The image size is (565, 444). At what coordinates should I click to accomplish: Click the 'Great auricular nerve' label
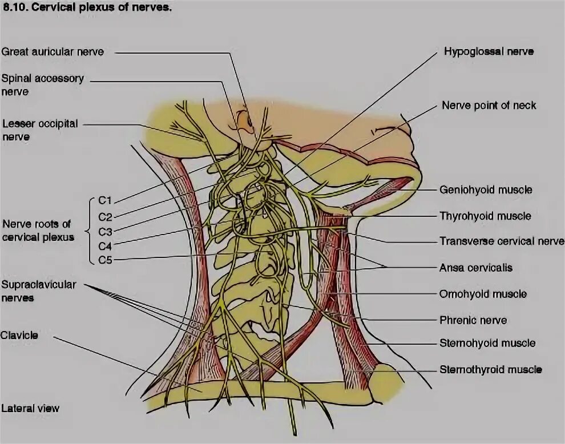(53, 52)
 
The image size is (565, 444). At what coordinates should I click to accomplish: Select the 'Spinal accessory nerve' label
(43, 84)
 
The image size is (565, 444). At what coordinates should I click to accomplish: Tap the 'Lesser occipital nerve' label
(39, 130)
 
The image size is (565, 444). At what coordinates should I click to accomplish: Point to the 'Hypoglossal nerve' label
(489, 51)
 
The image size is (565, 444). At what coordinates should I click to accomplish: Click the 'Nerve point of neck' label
(489, 106)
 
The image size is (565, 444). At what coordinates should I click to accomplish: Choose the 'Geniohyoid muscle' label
(485, 189)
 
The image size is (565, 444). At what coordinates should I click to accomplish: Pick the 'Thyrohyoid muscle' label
(485, 216)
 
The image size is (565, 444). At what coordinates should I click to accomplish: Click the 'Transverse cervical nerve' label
(501, 241)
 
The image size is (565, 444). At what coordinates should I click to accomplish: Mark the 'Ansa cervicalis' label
(475, 267)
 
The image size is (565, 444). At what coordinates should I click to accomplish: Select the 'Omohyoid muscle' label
(483, 294)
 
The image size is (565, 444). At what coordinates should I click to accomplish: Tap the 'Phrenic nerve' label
(473, 320)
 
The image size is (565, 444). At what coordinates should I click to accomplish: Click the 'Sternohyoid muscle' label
(487, 343)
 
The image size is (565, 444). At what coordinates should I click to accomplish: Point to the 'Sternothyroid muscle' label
(490, 370)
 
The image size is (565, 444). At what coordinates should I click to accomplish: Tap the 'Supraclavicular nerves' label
(38, 290)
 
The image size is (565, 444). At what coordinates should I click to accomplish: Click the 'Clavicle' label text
(19, 335)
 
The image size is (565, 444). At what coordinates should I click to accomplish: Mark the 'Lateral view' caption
(30, 409)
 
